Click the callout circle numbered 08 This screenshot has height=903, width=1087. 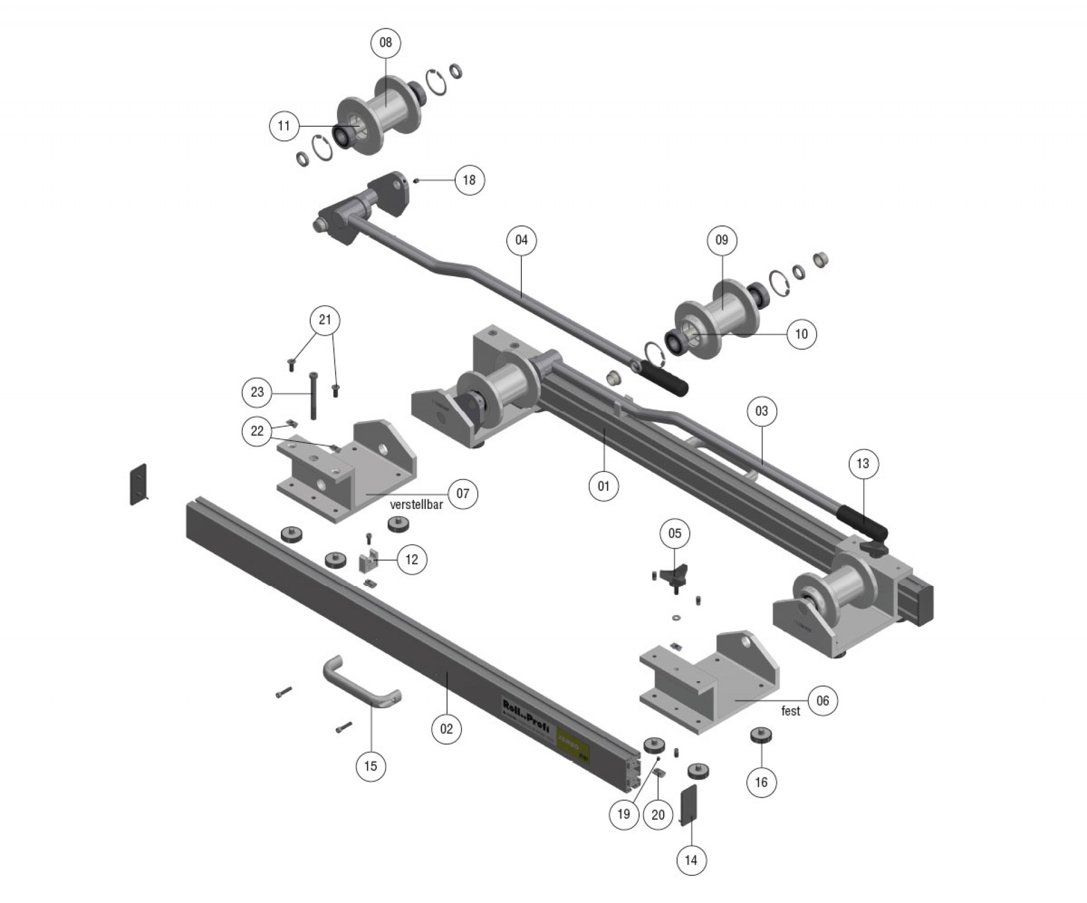pos(386,42)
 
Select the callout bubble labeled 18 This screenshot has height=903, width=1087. pos(469,180)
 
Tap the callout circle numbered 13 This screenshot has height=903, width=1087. pos(863,464)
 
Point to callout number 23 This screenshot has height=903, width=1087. pos(257,392)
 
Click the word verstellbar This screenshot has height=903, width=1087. pos(417,505)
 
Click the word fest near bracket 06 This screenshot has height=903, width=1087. pos(790,711)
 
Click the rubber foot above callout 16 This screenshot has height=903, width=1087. pos(761,737)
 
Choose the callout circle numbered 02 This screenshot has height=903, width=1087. pos(447,729)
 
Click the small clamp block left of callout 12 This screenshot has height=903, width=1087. pos(368,562)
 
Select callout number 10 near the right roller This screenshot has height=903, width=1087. pos(801,334)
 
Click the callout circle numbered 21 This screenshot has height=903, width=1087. pos(325,320)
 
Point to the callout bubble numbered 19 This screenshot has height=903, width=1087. pos(624,814)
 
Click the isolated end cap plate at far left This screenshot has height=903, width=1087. pos(139,485)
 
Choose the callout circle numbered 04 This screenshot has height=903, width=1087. pos(521,240)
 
